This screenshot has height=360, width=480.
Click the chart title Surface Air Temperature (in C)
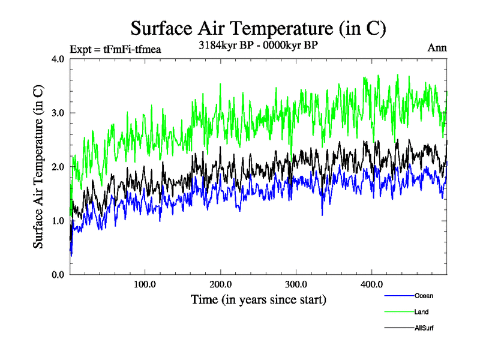coord(258,28)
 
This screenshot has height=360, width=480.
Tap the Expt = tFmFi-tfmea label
coord(116,49)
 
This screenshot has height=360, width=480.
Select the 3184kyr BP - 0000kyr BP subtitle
coord(258,46)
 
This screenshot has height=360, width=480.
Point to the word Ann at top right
coord(437,48)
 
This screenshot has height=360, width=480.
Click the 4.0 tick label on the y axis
coord(59,59)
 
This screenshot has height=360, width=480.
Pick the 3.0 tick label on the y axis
coord(59,113)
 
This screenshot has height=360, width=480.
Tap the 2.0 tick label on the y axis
coord(59,167)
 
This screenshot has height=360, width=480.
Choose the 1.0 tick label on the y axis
coord(59,221)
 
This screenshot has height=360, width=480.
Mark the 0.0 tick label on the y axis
coord(59,275)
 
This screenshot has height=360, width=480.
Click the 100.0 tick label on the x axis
coord(145,284)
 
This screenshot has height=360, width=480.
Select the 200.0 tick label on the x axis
coord(221,284)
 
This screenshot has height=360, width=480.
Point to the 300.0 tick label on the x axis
coord(296,284)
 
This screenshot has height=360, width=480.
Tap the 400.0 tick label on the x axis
coord(372,284)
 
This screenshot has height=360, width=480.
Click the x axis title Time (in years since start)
coord(258,299)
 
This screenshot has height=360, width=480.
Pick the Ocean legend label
coord(424,296)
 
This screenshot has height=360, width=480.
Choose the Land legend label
coord(421,312)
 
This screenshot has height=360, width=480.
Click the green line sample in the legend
coord(398,312)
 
